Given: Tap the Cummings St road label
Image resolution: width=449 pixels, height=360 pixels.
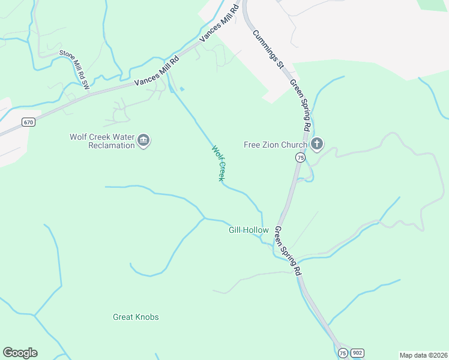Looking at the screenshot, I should (268, 49).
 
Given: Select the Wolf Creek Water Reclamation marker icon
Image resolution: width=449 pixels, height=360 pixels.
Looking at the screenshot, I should (143, 141).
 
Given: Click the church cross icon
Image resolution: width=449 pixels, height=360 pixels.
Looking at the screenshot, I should (318, 144).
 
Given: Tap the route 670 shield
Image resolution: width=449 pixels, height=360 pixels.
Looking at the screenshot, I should (28, 122).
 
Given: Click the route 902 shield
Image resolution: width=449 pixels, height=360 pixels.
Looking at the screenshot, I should (357, 353).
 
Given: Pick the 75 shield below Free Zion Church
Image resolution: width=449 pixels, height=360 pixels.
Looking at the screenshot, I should (299, 157).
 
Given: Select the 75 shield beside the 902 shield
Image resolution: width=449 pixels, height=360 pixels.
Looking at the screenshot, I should (342, 353).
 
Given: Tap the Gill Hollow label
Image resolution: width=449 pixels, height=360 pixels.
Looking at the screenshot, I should (249, 230).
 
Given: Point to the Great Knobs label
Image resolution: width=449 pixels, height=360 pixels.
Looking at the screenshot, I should (136, 317).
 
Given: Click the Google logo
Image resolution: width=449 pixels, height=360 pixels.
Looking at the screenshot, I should (20, 353).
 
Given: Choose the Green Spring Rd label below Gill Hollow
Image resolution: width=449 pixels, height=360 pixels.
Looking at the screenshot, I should (288, 251).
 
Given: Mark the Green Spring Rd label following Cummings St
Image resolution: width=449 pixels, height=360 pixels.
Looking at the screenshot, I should (300, 105).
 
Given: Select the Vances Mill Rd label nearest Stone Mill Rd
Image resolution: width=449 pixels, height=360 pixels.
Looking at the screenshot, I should (157, 71).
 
